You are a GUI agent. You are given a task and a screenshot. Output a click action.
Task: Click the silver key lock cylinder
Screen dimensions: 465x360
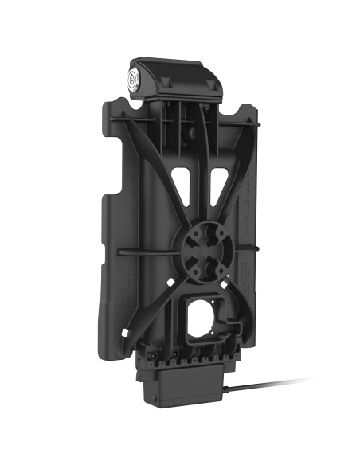[132, 80]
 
